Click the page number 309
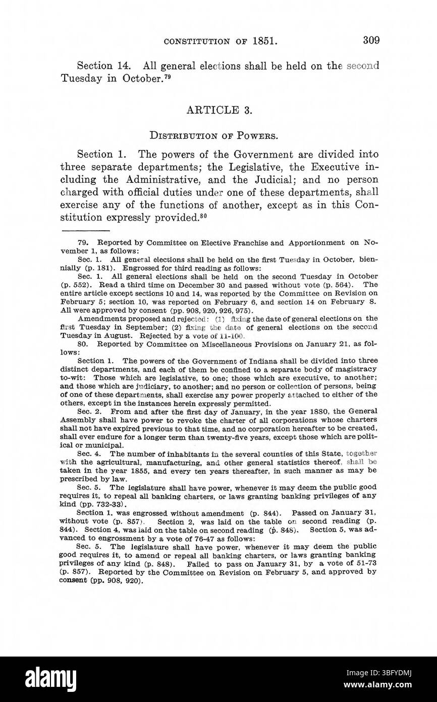point(370,40)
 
